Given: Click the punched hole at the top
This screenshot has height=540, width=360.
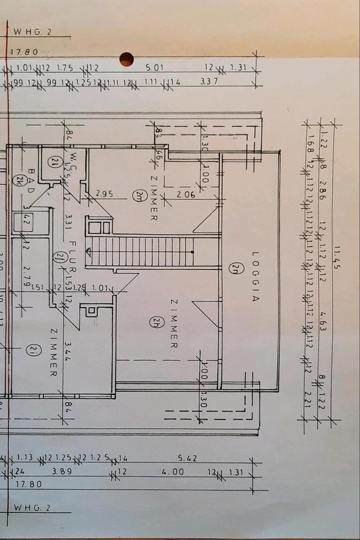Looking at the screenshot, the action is [x=127, y=59].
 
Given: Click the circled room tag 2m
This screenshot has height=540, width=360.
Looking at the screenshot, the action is [x=138, y=196].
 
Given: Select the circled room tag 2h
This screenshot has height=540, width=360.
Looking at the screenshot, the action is [x=155, y=322].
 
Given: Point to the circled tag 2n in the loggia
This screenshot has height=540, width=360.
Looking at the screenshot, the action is [x=232, y=269].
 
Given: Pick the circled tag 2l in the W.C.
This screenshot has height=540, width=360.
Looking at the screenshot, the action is [x=55, y=163].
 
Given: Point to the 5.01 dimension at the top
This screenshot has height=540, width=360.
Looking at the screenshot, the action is [x=154, y=68].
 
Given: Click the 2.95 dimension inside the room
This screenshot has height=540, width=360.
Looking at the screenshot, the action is [x=105, y=195].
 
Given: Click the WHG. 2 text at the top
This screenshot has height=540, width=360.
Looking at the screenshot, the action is [x=31, y=32].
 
